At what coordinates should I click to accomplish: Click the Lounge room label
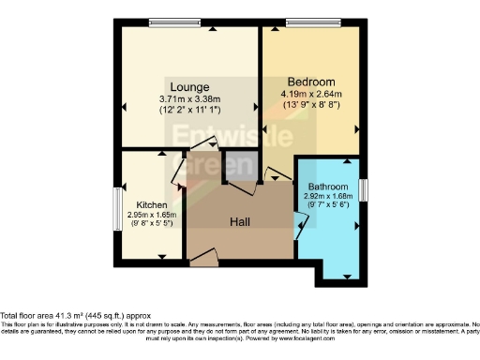coord(189,85)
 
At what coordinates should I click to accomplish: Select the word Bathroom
coord(328,187)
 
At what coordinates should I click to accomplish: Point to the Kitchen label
coord(152,204)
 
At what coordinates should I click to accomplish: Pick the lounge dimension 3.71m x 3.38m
coord(189,98)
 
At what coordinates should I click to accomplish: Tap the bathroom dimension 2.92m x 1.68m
coord(328,197)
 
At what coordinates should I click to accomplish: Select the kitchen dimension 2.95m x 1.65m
coord(152,215)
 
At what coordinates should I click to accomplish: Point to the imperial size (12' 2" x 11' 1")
coord(189,110)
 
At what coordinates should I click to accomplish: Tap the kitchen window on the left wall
coord(118,203)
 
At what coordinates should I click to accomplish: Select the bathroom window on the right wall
coord(363,187)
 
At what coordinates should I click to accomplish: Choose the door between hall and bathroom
coord(299,224)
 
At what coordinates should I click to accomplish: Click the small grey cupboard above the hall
coord(237,166)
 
